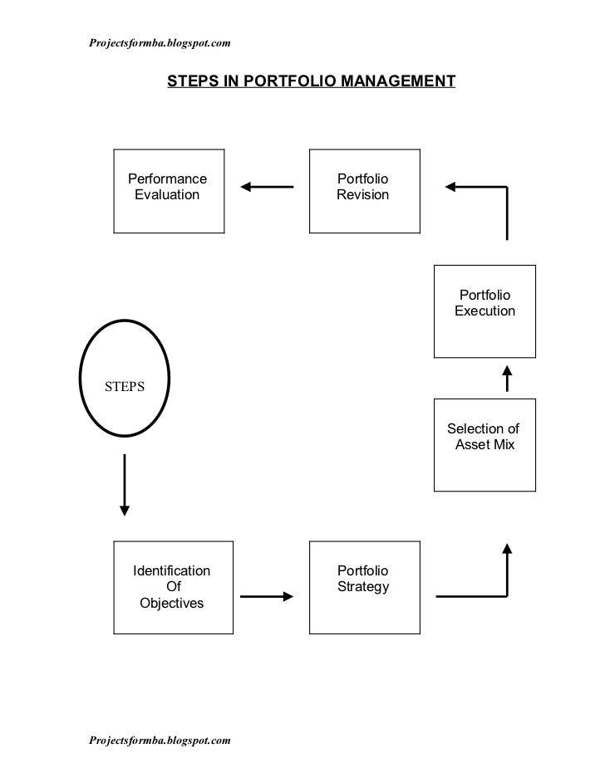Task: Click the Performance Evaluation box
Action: [169, 191]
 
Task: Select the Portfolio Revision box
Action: [364, 191]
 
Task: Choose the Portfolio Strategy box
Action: [364, 585]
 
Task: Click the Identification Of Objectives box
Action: [173, 585]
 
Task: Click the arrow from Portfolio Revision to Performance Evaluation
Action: [267, 187]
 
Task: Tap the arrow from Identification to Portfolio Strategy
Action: [267, 596]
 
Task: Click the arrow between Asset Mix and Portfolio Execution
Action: [507, 379]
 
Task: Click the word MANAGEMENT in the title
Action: [394, 81]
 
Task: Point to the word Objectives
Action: [171, 603]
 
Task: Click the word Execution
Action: [484, 311]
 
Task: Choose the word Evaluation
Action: [167, 195]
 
